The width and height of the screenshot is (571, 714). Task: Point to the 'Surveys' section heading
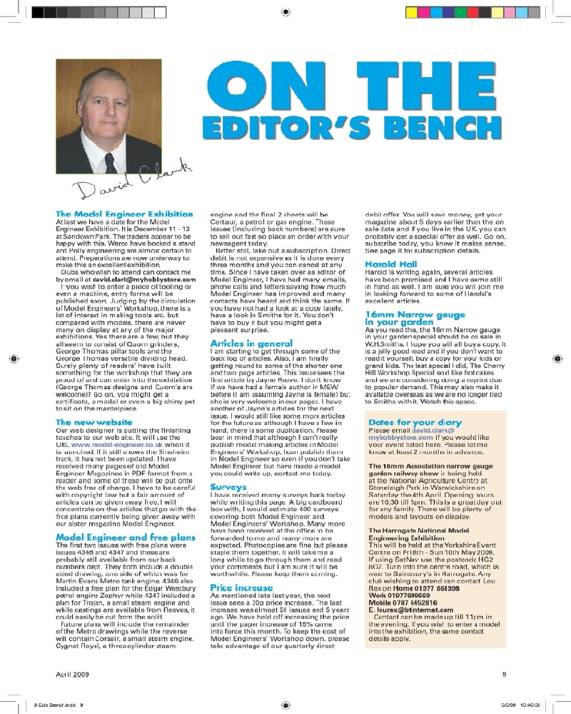tap(227, 506)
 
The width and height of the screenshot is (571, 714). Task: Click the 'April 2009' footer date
tap(74, 673)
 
